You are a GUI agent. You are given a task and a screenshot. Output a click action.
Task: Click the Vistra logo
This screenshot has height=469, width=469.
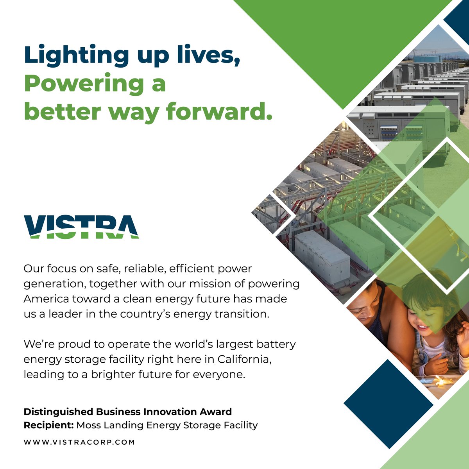click(81, 227)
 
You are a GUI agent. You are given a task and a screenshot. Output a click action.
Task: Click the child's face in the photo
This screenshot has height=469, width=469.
click(422, 317)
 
